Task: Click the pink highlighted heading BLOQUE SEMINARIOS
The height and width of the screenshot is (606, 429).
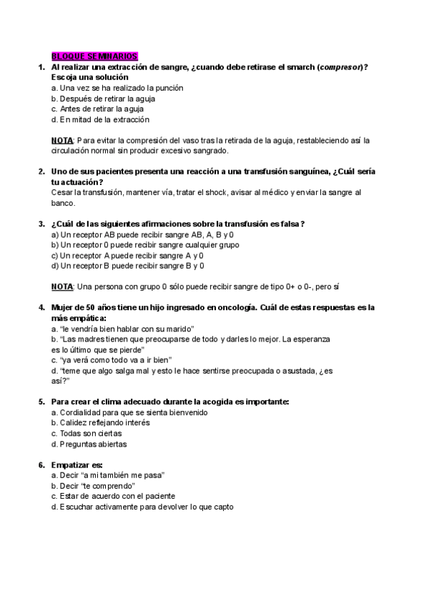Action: (95, 56)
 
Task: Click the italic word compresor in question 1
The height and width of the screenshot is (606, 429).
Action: (341, 66)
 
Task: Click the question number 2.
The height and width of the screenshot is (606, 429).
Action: (41, 172)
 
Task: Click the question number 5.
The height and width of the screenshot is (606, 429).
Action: (41, 402)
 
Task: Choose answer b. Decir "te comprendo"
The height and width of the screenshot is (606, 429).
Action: (99, 485)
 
